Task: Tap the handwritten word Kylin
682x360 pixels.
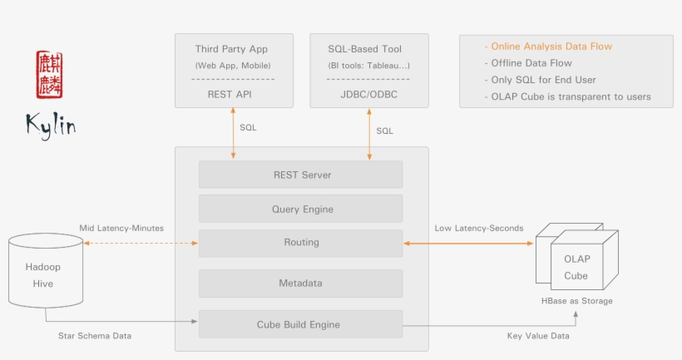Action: click(51, 124)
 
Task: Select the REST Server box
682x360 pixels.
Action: click(300, 175)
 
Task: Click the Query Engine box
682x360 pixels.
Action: click(300, 209)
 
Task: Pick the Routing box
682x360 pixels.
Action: click(300, 243)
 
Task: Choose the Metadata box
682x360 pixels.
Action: click(300, 284)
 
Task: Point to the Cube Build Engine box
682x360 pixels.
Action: click(300, 323)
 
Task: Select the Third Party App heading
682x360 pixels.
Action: click(231, 49)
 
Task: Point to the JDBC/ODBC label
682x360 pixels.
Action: click(368, 94)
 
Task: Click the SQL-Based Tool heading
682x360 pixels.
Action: click(368, 49)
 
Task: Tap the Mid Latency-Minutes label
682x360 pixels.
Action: click(121, 228)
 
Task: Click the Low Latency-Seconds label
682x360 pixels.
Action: click(479, 228)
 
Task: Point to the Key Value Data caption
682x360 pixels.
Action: click(539, 335)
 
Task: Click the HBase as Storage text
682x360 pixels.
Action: click(576, 300)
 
